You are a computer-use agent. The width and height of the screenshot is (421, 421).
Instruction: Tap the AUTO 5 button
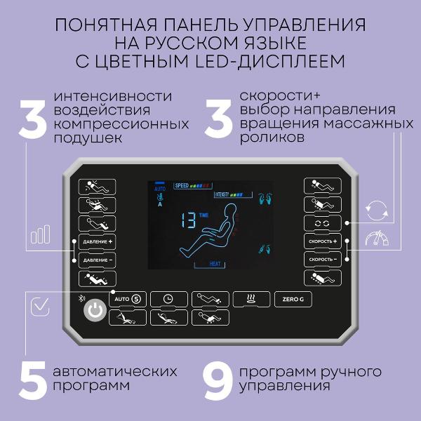pos(127,298)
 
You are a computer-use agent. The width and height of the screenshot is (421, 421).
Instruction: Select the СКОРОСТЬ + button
pos(322,241)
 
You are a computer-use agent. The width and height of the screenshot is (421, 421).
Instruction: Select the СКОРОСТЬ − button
pos(322,260)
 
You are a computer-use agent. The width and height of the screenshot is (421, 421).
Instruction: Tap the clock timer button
pos(168,298)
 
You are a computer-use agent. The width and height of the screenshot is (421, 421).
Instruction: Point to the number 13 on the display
pos(187,220)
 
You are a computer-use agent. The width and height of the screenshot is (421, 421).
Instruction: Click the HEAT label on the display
pos(218,264)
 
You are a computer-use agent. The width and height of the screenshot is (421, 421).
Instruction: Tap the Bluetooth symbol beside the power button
pos(79,298)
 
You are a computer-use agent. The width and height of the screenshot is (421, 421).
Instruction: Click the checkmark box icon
pos(40,306)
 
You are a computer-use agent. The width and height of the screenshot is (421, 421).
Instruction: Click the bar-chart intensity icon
pos(40,233)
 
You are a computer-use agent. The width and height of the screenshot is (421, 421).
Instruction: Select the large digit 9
pos(217,379)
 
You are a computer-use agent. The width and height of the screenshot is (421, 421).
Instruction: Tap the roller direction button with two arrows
pos(322,223)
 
